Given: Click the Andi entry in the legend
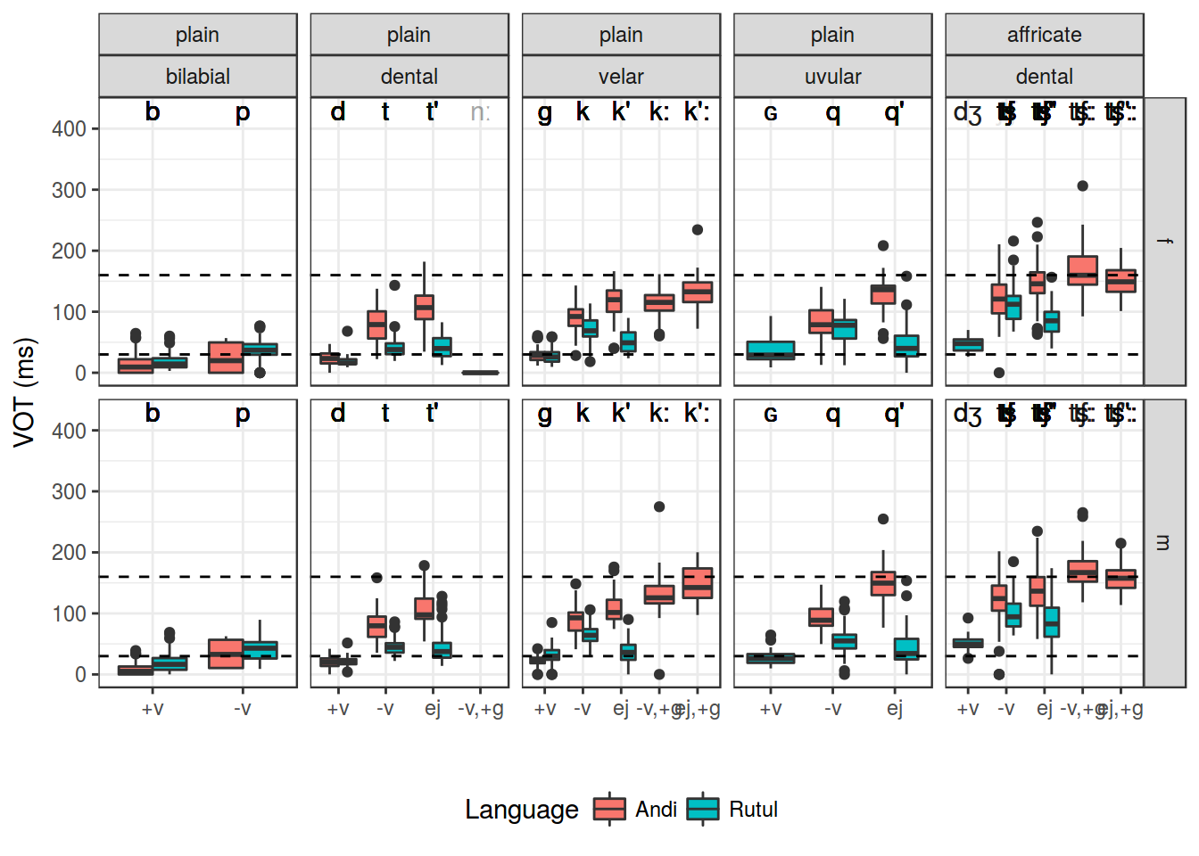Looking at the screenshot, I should tap(656, 810).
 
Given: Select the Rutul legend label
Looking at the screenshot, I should tap(753, 810).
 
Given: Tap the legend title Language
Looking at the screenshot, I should tap(521, 810).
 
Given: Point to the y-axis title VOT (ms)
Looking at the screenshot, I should tap(25, 392).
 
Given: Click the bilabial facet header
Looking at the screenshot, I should tap(197, 77).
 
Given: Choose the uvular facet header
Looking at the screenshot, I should tap(832, 77).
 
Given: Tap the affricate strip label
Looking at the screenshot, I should tap(1044, 35).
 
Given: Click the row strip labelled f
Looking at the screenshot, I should tap(1164, 241).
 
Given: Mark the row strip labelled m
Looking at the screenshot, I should tap(1164, 542).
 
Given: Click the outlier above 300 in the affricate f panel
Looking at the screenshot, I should tap(1082, 186).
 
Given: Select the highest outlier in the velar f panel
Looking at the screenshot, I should tap(698, 230).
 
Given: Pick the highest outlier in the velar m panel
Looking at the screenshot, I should tap(659, 506).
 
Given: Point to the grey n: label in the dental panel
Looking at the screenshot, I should tap(480, 112).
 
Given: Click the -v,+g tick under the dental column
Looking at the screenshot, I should tap(480, 709).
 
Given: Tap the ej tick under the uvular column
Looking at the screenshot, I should tap(895, 709).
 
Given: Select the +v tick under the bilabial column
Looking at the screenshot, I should tap(153, 709).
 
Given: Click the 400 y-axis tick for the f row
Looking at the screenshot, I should tap(69, 129).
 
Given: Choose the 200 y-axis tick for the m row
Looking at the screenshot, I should tap(69, 553).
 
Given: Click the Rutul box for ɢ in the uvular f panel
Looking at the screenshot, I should tap(771, 350).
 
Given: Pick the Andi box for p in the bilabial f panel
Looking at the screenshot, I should tap(226, 358).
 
